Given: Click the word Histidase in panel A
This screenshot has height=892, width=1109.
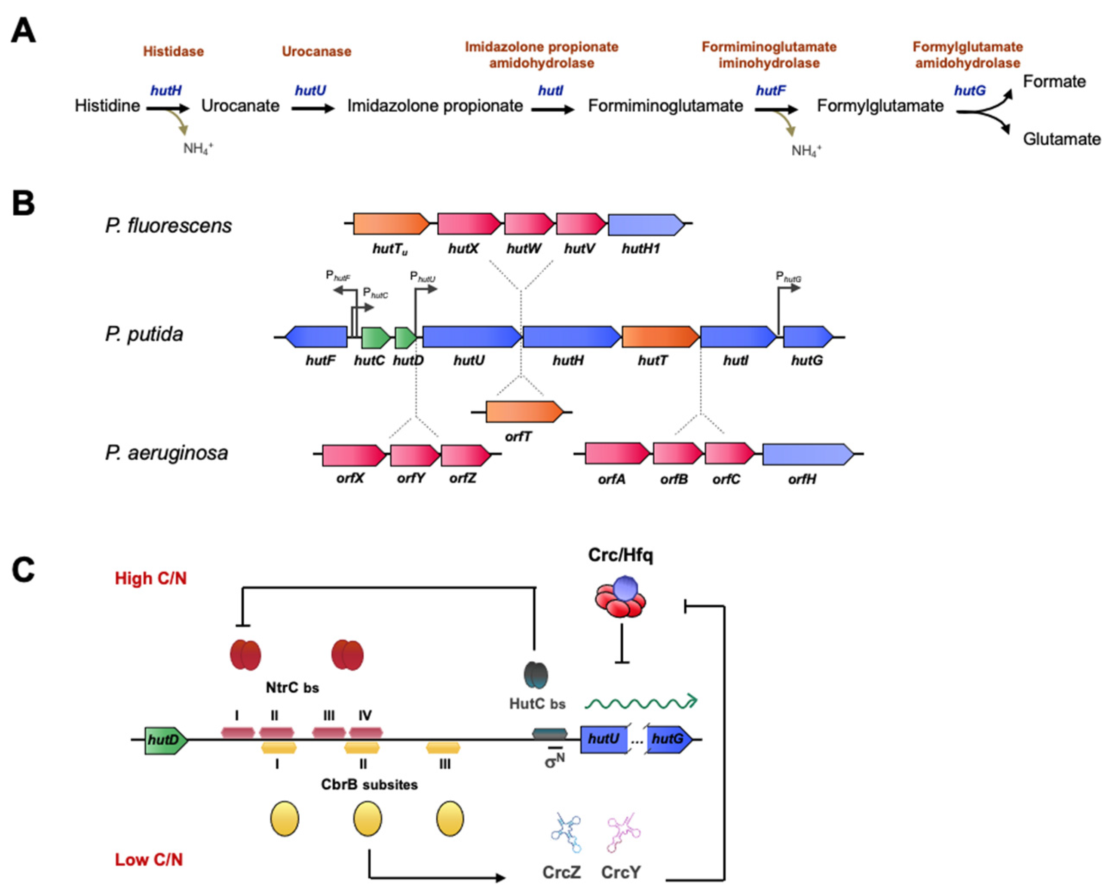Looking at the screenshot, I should pos(173,52).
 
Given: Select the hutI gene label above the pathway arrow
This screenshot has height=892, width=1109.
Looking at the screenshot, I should pos(550,91).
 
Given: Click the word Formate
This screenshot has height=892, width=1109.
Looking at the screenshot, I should pos(1054,81).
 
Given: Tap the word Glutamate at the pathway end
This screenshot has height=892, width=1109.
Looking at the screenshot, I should pos(1061,139).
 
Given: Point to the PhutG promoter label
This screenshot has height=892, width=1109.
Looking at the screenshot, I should pos(788,278).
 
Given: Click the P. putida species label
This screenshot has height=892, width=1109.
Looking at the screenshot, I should pos(144,334).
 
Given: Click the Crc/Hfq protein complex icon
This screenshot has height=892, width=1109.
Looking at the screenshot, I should pos(621,598).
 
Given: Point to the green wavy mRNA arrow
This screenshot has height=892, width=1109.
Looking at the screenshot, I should pos(641,702).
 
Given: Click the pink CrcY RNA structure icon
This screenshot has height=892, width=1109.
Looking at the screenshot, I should pos(623,834).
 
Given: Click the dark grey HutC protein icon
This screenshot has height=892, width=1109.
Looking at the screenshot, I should pos(536,675).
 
